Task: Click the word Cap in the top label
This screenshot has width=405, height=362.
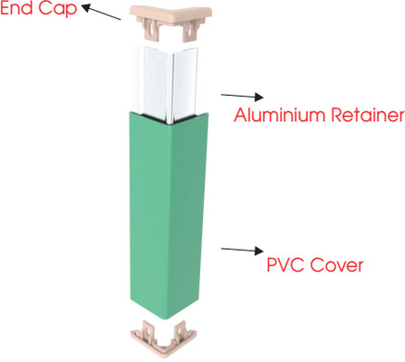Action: click(58, 9)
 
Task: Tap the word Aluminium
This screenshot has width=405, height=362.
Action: click(279, 115)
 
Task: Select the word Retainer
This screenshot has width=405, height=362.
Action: click(368, 115)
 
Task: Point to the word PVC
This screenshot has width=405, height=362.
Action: click(285, 264)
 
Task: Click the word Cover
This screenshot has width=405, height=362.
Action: click(337, 264)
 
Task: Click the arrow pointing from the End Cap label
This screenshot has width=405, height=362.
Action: click(101, 12)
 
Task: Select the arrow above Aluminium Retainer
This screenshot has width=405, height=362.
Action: click(242, 96)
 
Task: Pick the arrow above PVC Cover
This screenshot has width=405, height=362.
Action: click(242, 250)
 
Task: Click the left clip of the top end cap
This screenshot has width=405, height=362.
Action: click(149, 30)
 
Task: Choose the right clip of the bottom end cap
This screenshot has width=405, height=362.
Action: click(180, 331)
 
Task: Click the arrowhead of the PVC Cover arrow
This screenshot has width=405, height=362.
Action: click(259, 251)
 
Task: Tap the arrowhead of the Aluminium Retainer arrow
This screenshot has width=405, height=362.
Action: click(259, 97)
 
